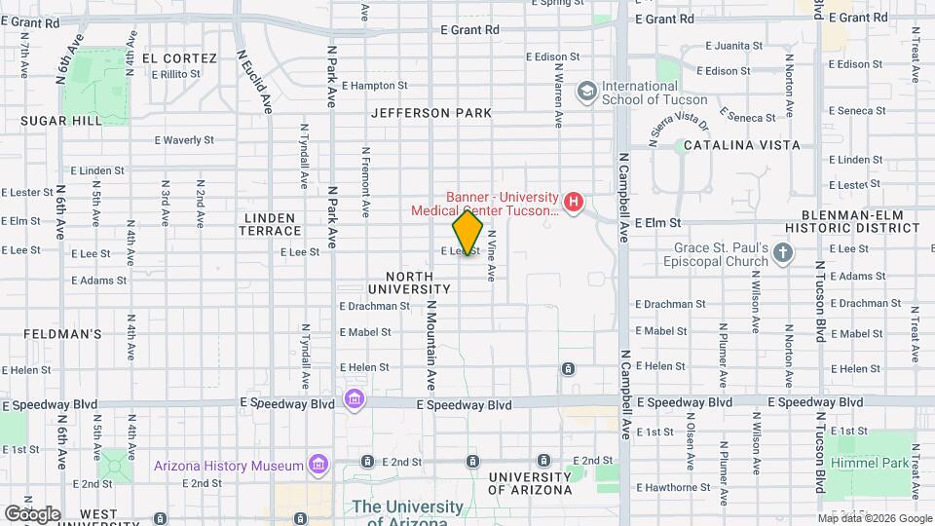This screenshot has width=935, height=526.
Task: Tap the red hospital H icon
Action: tap(574, 203)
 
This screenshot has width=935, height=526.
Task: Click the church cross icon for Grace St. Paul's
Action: tap(783, 254)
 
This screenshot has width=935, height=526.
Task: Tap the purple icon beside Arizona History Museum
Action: tap(317, 465)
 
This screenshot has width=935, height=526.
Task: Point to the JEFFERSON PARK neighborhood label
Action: tap(431, 113)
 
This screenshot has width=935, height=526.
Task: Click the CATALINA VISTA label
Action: tap(741, 145)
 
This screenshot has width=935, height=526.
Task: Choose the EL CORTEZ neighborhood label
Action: tap(178, 57)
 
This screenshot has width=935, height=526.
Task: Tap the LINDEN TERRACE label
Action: tap(272, 223)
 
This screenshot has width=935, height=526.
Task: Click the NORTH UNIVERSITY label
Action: tap(409, 282)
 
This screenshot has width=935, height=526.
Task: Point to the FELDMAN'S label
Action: tap(63, 334)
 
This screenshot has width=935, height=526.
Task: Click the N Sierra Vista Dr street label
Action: tap(679, 130)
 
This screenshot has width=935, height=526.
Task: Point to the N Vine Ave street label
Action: tap(492, 255)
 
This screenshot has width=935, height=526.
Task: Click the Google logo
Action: tap(32, 513)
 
